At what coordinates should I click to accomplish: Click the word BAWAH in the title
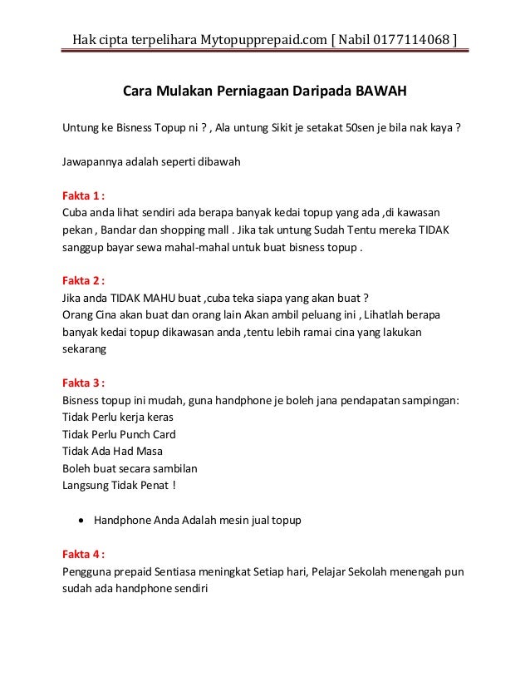click(x=381, y=90)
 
